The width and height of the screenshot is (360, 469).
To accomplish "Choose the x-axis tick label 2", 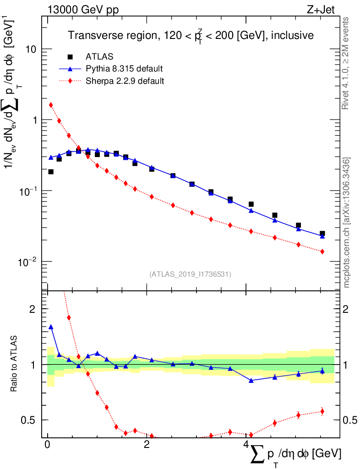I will [146, 445].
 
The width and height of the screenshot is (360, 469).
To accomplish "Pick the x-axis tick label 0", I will [47, 445].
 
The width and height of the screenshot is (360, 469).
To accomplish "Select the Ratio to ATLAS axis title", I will [14, 365].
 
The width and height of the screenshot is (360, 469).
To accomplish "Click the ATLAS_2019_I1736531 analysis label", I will [190, 274].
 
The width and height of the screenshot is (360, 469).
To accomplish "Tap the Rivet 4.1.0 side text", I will [347, 64].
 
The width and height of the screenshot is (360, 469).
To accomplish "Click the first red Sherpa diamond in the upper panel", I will [51, 105].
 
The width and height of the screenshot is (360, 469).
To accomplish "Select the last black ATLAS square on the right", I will [322, 234].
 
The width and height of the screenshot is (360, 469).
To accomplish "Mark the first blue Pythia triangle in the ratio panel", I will [51, 327].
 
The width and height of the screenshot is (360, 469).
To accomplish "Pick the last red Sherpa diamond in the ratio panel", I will [322, 411].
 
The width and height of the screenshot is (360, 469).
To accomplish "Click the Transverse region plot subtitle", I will [191, 35].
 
